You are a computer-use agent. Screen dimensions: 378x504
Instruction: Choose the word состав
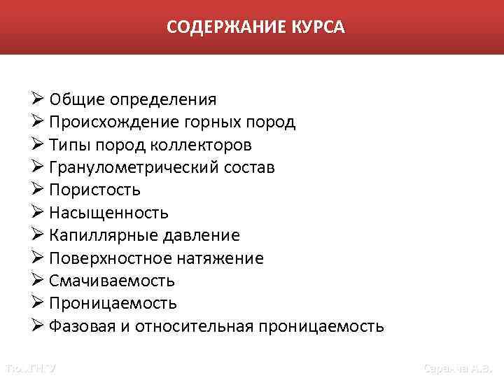248,168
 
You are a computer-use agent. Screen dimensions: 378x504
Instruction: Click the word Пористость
94,190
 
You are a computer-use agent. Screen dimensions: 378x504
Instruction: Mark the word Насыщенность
108,213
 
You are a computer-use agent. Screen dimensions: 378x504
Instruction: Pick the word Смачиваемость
112,281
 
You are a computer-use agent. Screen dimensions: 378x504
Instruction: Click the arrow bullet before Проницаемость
38,303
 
